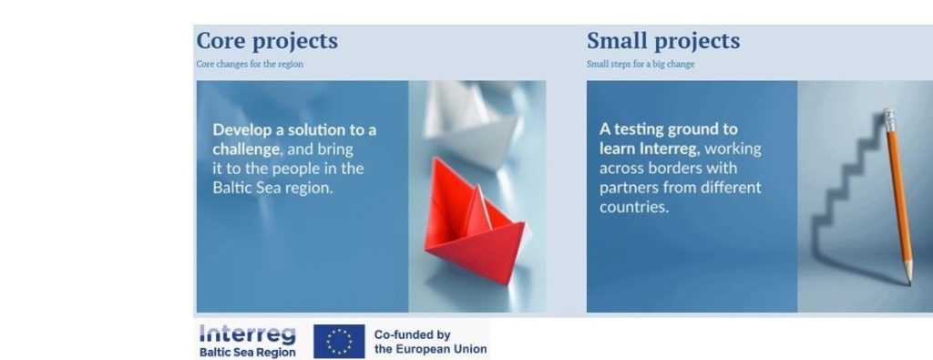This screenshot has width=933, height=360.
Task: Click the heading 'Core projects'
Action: (x=267, y=41)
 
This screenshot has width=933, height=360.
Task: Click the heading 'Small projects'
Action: (x=662, y=41)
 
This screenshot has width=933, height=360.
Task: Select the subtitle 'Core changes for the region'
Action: (x=250, y=65)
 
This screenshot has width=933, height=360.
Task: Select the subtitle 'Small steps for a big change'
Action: (x=641, y=65)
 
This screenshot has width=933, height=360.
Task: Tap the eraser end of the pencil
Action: (x=889, y=117)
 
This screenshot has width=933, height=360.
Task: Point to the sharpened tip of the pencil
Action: (x=908, y=282)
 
